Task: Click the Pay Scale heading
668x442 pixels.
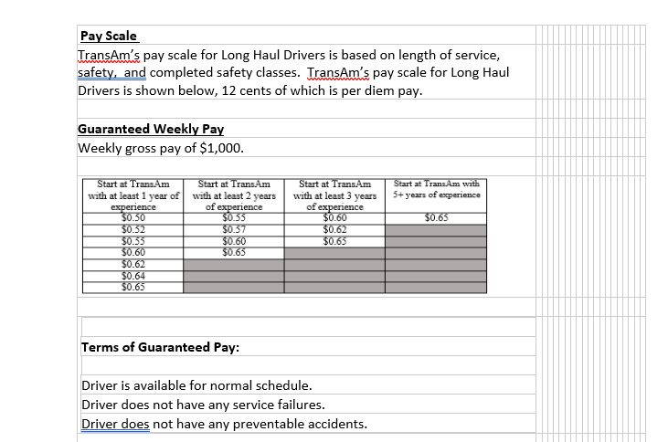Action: [108, 37]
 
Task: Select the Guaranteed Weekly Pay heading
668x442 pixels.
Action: [151, 129]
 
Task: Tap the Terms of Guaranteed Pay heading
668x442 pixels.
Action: [160, 347]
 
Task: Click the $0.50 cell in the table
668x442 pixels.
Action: [133, 218]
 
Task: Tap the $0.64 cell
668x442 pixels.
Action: [133, 276]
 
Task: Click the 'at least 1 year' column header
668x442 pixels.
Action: [134, 195]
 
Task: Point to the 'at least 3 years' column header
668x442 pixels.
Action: [334, 195]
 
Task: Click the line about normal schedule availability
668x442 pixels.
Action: [196, 385]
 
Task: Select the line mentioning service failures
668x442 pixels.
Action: [203, 405]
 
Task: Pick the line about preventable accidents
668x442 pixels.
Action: [224, 424]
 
